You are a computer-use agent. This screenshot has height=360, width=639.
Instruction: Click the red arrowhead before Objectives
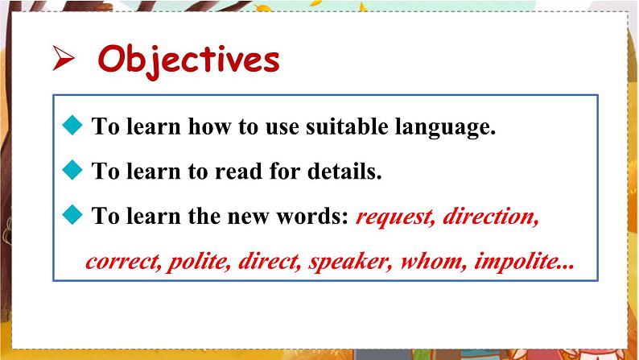63,58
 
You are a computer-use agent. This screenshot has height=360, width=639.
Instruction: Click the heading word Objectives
188,61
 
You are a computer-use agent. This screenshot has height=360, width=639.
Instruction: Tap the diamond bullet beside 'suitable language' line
72,125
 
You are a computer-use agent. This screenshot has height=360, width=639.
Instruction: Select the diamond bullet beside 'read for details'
72,170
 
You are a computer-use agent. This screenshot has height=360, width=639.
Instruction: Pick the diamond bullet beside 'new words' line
72,214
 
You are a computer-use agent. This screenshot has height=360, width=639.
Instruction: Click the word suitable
347,126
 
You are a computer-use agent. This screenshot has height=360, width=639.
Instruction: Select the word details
344,171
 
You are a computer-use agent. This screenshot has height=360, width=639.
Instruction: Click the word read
238,171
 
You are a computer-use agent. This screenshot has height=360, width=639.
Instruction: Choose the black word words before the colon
312,216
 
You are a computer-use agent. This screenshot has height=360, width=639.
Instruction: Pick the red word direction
491,217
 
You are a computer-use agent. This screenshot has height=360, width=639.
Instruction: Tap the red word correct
123,262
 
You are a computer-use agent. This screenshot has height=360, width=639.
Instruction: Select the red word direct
270,261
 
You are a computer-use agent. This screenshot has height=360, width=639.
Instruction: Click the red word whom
434,261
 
